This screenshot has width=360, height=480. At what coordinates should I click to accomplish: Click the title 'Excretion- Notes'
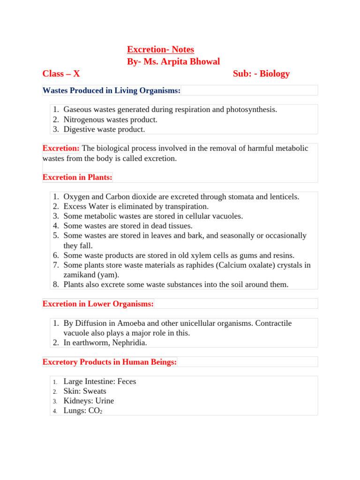[160, 50]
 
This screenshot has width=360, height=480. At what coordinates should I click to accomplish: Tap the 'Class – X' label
[61, 74]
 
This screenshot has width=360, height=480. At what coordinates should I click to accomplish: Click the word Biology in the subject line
[275, 74]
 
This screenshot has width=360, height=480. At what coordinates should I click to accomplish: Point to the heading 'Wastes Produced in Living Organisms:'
[112, 90]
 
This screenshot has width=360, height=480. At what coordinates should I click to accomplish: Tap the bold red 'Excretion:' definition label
[61, 149]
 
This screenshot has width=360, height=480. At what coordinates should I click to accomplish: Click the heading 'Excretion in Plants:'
[77, 177]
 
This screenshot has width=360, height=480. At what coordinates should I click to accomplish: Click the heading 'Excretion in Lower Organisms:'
[98, 304]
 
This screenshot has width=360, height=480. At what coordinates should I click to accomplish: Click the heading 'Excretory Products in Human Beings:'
[110, 362]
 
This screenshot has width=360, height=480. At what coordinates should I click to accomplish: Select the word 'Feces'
[127, 382]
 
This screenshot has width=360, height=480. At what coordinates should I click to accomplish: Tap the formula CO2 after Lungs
[95, 411]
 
